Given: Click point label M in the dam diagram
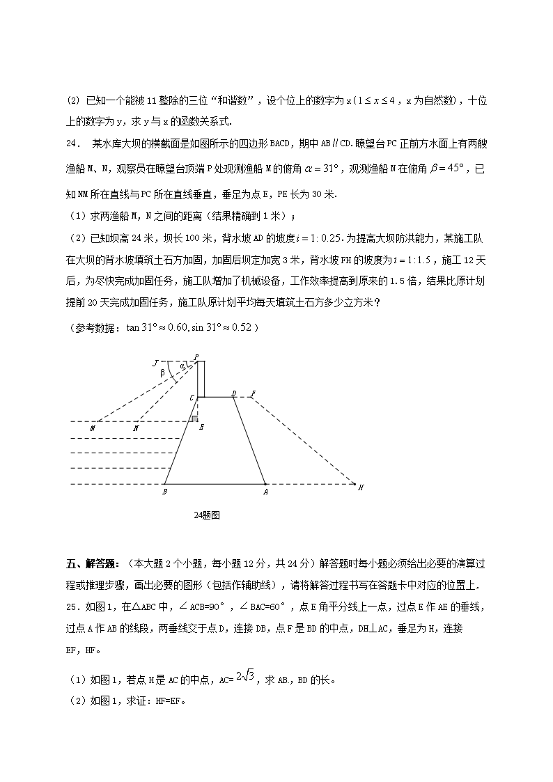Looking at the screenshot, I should (x=93, y=429).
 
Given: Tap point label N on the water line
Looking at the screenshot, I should (x=135, y=429).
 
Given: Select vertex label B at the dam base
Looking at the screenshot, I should (x=164, y=492).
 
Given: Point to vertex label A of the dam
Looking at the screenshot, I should (x=265, y=492).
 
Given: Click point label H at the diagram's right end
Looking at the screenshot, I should (x=361, y=487).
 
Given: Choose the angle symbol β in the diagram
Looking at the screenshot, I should (x=162, y=373).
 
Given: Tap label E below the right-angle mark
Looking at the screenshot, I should (x=201, y=427).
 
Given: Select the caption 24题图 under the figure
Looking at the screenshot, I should (x=207, y=515).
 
